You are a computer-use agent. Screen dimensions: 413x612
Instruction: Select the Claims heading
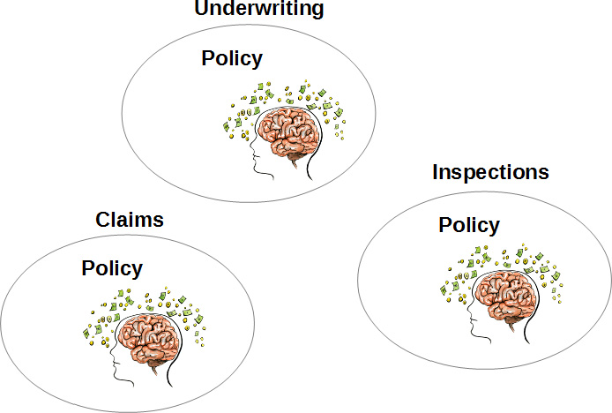pos(130,220)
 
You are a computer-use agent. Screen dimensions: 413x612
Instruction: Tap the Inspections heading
pos(490,171)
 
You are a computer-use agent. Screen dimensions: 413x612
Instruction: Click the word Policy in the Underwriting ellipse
pos(232,59)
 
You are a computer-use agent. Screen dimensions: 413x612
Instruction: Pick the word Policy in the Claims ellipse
pos(112,268)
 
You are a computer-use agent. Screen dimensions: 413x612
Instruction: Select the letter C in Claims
pos(102,220)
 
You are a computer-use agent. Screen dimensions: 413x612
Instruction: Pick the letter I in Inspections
pos(435,171)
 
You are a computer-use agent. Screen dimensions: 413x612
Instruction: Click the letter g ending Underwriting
pos(317,11)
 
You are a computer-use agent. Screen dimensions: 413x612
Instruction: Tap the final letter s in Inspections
pos(543,172)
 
